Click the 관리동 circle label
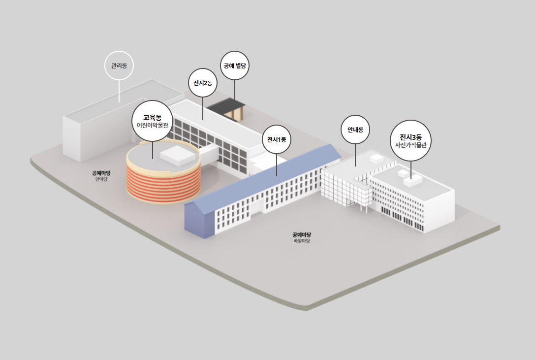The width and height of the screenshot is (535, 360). click(x=119, y=65)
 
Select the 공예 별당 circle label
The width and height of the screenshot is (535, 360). click(x=235, y=65)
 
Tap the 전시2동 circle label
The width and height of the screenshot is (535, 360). click(x=203, y=83)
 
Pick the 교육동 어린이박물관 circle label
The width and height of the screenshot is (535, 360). click(x=153, y=121)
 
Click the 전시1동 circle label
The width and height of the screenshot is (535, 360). click(x=277, y=139)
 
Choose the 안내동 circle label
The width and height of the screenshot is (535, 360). click(x=355, y=130)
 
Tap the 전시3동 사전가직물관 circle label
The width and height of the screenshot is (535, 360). click(x=410, y=140)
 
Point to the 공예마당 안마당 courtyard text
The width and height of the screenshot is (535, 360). click(x=101, y=176)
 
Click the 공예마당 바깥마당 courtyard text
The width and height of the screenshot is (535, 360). click(x=302, y=237)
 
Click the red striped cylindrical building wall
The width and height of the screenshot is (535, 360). click(x=162, y=182)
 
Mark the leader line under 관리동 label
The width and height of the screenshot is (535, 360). click(x=119, y=91)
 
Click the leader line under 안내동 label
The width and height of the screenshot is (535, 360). click(x=355, y=155)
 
